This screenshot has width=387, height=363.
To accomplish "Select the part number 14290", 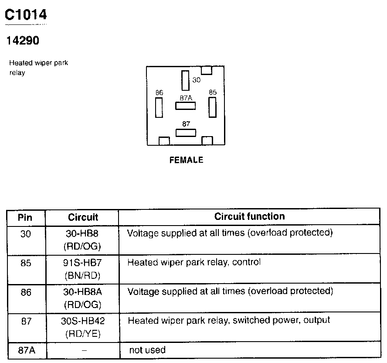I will [x=23, y=41].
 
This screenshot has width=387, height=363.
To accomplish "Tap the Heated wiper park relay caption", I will [x=38, y=68].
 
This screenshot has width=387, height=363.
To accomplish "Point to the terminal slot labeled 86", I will [x=159, y=107].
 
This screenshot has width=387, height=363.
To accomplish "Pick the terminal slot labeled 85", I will [x=212, y=107].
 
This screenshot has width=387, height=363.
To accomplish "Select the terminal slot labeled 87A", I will [x=185, y=106].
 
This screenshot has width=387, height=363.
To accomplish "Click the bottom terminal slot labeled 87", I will [x=185, y=133].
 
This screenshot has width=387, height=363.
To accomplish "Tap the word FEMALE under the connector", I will [x=186, y=160].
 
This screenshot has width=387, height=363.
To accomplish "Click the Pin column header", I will [x=26, y=217].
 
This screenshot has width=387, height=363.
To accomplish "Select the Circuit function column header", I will [x=249, y=216].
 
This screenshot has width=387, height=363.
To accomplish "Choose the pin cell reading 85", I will [x=26, y=264].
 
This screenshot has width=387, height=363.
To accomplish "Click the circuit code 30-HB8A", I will [x=83, y=292].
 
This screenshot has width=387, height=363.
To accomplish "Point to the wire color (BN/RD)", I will [x=82, y=275].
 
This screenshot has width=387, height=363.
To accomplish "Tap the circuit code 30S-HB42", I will [x=83, y=322].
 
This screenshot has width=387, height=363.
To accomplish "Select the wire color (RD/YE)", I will [x=82, y=334].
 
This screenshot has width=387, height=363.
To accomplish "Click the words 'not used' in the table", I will [x=147, y=350].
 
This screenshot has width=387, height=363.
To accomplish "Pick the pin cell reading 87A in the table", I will [x=26, y=350].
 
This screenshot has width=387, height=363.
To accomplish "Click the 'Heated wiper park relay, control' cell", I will [x=194, y=263].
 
